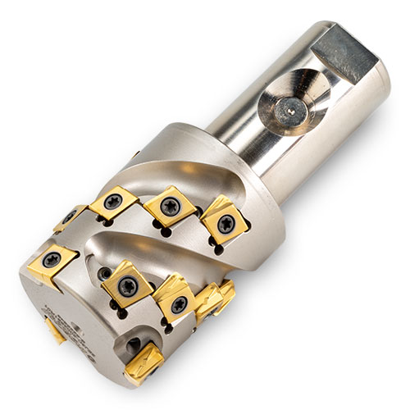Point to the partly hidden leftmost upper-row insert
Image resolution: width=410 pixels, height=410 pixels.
(x=70, y=217)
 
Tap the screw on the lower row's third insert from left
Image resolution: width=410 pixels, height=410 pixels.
(x=179, y=303)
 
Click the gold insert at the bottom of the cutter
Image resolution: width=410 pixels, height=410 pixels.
(x=151, y=361)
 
